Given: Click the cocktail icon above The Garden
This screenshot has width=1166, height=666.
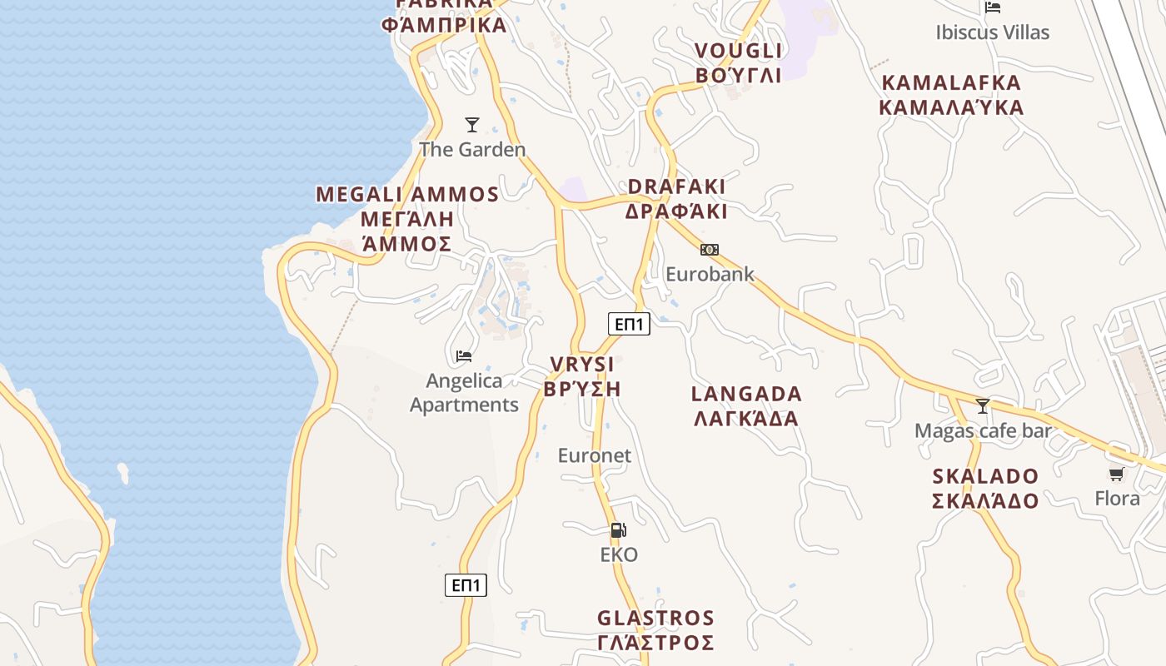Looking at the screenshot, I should (472, 125).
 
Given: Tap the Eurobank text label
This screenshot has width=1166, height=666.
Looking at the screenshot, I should (710, 274).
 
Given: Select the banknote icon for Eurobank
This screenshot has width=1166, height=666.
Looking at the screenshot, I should (710, 250).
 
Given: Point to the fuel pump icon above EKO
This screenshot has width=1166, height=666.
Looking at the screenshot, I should (618, 530).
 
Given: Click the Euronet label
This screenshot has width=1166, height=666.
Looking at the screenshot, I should (595, 455).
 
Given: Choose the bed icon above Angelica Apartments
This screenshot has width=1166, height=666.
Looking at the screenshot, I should (464, 356).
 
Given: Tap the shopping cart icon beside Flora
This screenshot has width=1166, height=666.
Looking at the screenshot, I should (1116, 475).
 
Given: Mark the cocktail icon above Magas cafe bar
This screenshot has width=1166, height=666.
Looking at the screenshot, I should (983, 406).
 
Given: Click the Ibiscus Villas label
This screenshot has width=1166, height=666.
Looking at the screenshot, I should (992, 32).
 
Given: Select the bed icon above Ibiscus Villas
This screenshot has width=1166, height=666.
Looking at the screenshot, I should (993, 7).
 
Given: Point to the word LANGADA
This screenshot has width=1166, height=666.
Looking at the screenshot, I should (746, 394).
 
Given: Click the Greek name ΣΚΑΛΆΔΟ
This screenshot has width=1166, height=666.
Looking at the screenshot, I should (985, 501).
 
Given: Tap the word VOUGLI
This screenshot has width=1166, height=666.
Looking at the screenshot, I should (739, 51).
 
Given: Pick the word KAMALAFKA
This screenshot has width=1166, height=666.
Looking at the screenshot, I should (950, 82).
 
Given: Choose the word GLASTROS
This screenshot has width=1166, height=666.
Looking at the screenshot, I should (655, 619).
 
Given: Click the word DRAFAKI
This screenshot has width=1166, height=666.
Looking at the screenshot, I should (676, 186).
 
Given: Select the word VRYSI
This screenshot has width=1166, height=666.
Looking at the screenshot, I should (582, 365).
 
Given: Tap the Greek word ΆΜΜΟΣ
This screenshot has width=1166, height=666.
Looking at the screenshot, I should (407, 244).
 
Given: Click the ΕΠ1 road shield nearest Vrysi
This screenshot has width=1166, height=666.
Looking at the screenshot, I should (629, 324).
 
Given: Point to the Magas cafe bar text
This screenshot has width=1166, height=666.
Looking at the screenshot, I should (983, 431).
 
